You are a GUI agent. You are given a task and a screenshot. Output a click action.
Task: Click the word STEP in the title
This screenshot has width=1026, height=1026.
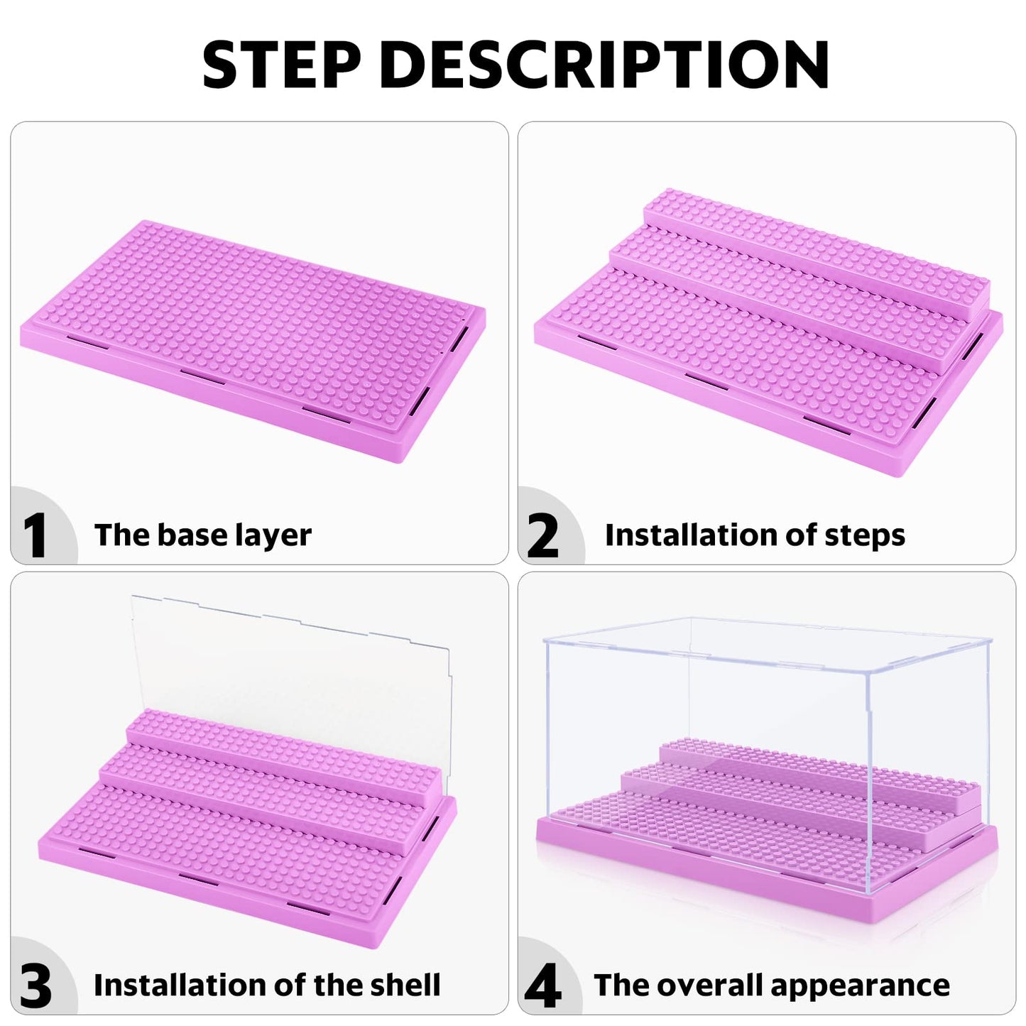tap(282, 65)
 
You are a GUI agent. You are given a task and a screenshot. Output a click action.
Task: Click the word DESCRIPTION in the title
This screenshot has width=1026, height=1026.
tap(604, 65)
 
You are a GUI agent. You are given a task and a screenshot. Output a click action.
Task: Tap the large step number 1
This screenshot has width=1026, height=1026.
tap(35, 535)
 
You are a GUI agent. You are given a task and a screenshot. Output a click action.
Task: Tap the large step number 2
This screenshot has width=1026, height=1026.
tap(543, 535)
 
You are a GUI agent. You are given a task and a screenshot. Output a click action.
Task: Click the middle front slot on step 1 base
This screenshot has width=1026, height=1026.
tap(203, 376)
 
